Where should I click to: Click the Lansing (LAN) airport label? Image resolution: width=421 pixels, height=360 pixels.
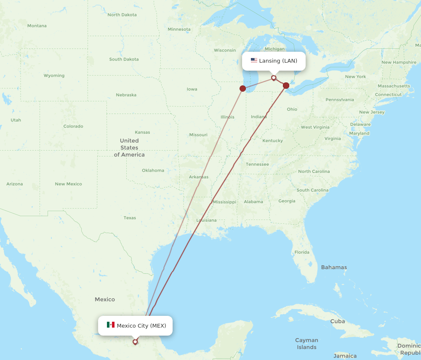pos(278,61)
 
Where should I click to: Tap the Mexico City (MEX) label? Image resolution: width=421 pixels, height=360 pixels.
pos(141,326)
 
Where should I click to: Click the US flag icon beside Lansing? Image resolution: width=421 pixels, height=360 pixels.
pos(254,61)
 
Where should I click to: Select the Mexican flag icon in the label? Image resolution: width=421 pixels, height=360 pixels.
pos(111,325)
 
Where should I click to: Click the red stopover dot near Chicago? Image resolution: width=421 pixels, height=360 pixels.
pos(242,88)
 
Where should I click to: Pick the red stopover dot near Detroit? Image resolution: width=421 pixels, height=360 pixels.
pos(286,86)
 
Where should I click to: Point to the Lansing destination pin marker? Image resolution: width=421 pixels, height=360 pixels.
pos(274,78)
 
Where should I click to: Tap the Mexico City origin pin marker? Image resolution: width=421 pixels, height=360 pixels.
pos(135,341)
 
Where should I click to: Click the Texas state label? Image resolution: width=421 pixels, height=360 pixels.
pos(130,218)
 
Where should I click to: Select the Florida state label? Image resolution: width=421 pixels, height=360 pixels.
pos(302,252)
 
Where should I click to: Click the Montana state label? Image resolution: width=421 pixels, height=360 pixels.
pos(37,26)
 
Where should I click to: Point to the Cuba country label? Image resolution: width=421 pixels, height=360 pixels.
pos(338,321)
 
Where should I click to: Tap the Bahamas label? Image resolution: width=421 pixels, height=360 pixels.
pos(334,267)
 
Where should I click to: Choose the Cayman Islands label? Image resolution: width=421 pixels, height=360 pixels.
pos(306,344)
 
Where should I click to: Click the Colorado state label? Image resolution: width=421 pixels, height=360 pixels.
pos(73,126)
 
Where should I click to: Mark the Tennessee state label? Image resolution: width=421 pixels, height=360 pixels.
pos(257,164)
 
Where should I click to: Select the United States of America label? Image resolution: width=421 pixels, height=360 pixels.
pos(129,148)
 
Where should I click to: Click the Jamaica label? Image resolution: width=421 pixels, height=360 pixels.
pos(345,356)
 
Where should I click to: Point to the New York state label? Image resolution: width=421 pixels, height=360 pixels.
pos(355,77)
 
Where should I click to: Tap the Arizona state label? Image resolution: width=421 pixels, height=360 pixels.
pos(15,184)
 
